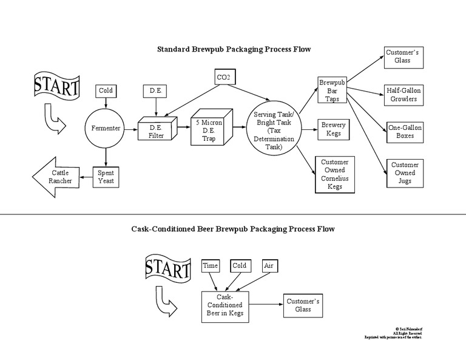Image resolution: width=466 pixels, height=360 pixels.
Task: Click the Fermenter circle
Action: [106, 128]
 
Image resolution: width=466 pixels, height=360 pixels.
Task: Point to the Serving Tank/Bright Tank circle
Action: [274, 129]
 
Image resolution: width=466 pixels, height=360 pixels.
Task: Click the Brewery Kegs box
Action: [333, 129]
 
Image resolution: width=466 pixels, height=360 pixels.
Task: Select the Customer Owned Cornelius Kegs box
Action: [334, 174]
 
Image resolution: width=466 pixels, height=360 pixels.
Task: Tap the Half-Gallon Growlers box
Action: [404, 94]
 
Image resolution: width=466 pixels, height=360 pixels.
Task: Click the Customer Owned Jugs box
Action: [404, 173]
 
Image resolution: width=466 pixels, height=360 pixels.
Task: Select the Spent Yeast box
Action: [106, 177]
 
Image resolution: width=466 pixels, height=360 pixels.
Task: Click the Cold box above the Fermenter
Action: [106, 91]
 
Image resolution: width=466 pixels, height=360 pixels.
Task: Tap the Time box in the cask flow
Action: [210, 266]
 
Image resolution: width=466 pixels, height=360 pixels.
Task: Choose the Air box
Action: [269, 266]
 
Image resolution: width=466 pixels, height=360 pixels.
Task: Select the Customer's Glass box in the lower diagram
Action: [303, 305]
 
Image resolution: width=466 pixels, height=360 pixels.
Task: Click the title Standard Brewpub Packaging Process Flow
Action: [234, 49]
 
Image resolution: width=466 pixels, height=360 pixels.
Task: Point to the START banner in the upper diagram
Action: [56, 86]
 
